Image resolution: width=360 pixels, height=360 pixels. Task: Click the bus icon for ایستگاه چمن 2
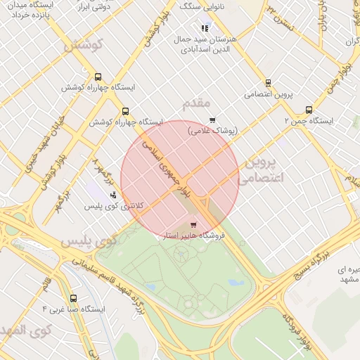(309, 110)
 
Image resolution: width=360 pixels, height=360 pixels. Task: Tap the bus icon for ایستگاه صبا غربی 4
(74, 298)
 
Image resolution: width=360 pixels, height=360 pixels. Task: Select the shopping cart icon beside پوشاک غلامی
(212, 120)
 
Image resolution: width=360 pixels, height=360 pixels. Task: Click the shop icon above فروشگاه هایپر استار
(193, 225)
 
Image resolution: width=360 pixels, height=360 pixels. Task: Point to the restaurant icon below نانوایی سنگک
(205, 28)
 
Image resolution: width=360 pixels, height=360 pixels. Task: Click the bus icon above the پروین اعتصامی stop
(268, 83)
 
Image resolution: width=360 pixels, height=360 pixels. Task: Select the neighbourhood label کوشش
(84, 46)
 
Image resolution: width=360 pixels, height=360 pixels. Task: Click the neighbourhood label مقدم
(196, 104)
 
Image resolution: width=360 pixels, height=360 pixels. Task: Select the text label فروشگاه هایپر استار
(193, 236)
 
